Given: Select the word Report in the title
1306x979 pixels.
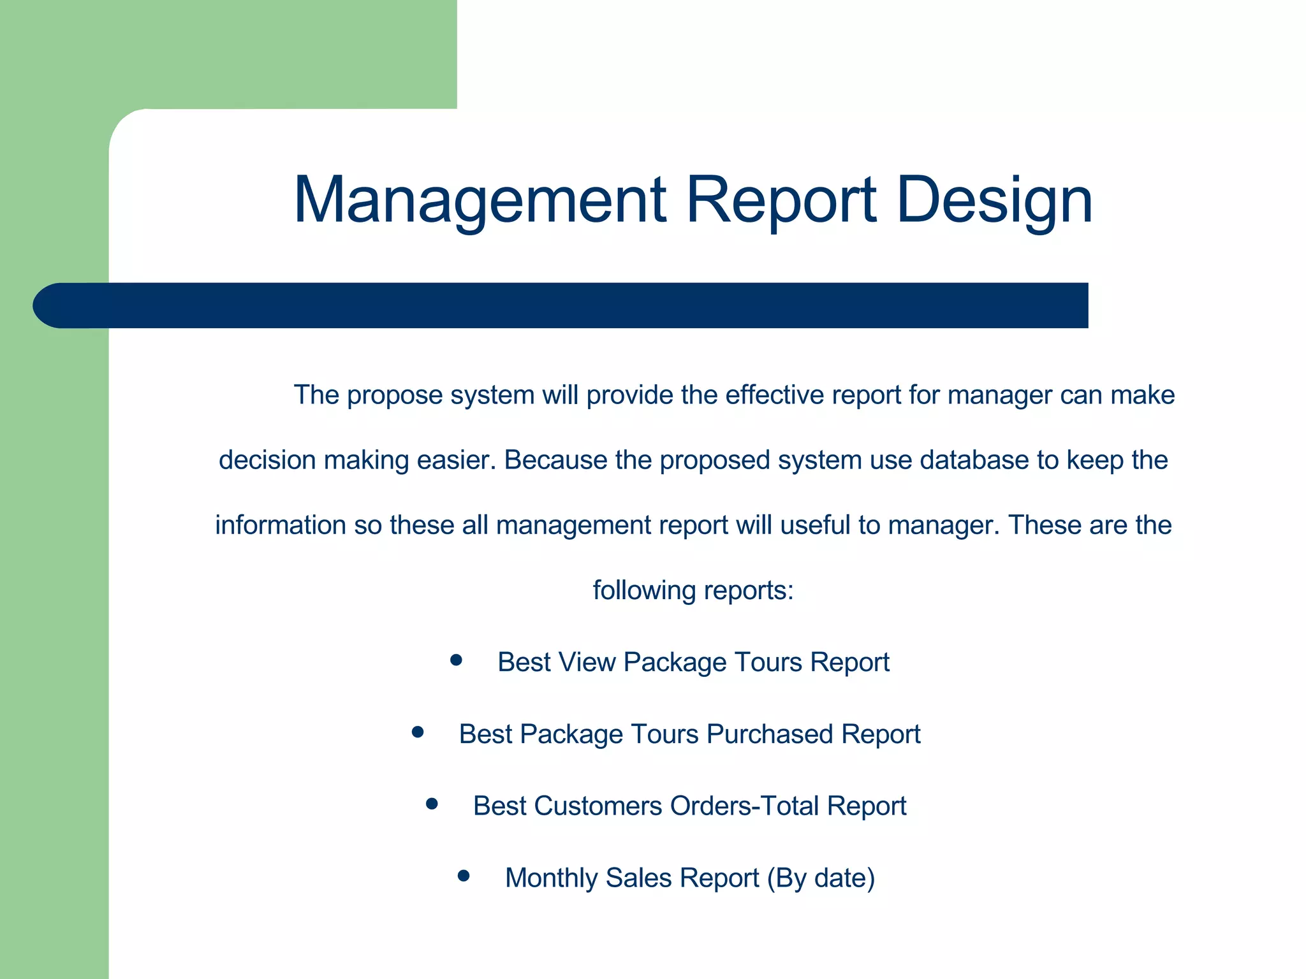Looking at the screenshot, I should point(781,201).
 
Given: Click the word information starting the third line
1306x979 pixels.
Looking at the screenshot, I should point(281,525).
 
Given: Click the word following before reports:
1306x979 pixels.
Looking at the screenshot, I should point(644,590).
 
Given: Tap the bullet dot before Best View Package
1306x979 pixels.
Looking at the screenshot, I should point(455,660).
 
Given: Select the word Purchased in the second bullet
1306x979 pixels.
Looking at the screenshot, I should point(770,734).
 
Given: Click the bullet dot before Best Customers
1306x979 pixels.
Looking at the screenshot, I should point(432,804).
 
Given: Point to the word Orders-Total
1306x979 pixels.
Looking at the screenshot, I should point(744,806).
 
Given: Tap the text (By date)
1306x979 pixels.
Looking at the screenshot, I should point(821,878).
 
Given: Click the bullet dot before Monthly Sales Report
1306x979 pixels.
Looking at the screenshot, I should point(464,876).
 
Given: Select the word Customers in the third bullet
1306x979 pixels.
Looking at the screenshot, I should point(599,806).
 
